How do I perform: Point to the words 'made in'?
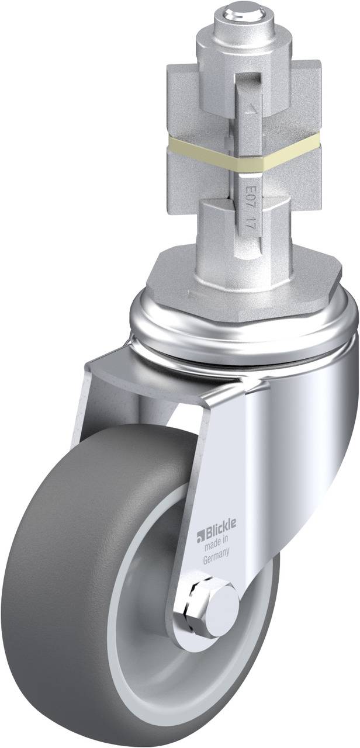coord(216,545)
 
